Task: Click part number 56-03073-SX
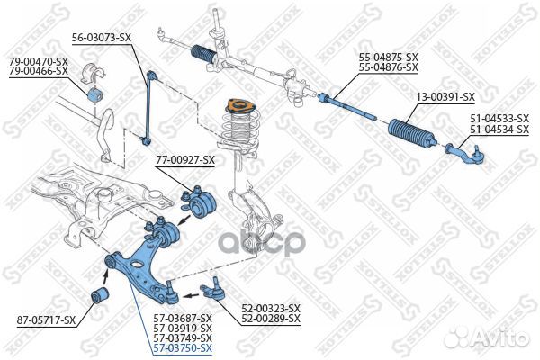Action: (x=101, y=38)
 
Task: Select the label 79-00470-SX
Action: (x=39, y=60)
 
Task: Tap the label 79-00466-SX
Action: (x=39, y=69)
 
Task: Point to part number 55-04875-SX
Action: (x=389, y=58)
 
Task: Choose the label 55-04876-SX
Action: (x=389, y=67)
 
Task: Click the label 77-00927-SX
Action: (x=185, y=160)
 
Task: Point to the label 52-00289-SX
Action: (x=270, y=319)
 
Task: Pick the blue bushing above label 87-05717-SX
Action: (x=102, y=295)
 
